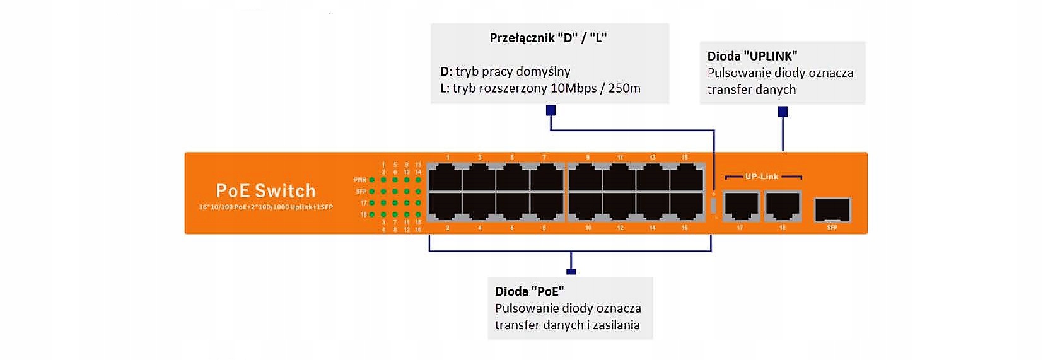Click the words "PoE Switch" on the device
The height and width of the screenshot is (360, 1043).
[265, 190]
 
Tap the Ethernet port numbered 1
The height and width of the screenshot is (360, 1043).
[445, 177]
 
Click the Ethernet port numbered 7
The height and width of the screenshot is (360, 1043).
[546, 177]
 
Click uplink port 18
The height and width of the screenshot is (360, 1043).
[782, 206]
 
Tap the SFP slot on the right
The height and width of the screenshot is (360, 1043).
[832, 210]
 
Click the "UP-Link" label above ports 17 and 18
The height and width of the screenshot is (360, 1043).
[762, 177]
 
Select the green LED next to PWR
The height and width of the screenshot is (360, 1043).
[373, 180]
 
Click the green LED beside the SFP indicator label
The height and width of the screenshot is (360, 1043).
[373, 191]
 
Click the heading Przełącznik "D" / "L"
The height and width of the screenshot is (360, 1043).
[548, 38]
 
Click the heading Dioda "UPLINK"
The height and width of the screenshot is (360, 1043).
[752, 56]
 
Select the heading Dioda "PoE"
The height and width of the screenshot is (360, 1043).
[529, 291]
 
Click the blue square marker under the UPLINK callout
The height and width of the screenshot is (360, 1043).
[783, 112]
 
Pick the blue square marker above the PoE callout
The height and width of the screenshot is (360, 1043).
[571, 272]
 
